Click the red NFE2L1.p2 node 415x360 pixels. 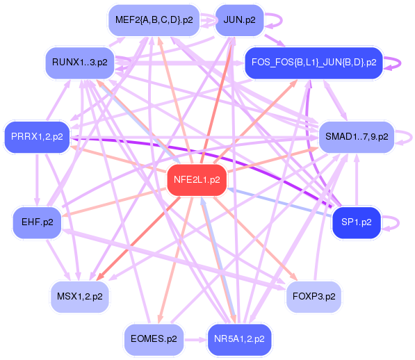197,179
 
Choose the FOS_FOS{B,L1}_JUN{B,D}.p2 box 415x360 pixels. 313,63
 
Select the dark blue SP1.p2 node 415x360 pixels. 357,222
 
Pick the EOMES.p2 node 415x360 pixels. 154,340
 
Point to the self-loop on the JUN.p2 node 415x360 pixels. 272,19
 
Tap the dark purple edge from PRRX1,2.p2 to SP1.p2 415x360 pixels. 209,149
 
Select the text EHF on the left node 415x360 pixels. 31,222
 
